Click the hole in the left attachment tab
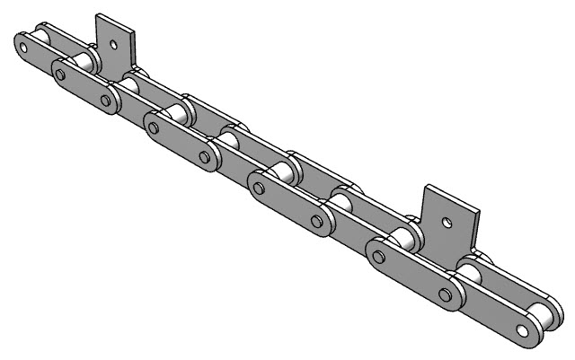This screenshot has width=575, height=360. (113, 41)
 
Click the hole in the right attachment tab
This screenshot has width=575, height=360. (445, 218)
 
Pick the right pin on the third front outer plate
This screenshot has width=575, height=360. (316, 221)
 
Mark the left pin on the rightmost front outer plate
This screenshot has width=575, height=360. (378, 259)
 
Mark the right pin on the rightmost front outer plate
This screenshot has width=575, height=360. (444, 292)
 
